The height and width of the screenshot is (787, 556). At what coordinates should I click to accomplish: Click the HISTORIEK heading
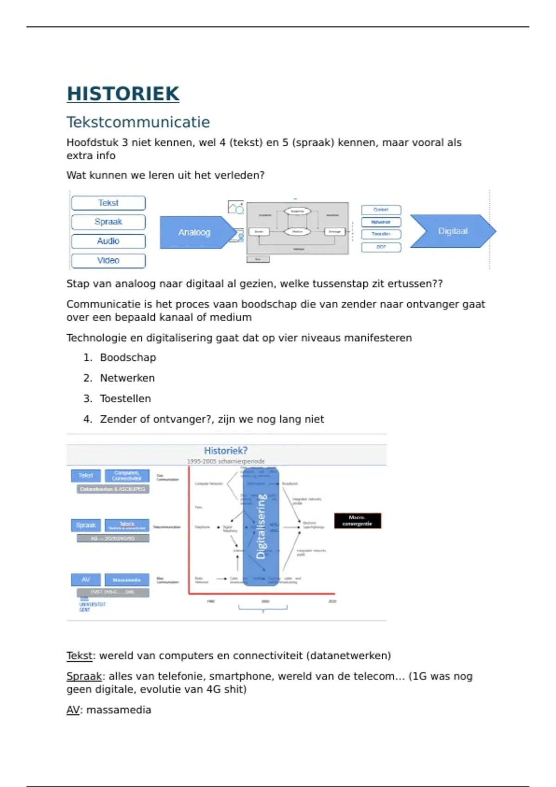click(123, 94)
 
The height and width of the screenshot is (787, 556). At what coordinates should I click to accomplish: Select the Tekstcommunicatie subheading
click(138, 122)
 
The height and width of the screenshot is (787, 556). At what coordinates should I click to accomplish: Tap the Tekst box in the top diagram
click(108, 203)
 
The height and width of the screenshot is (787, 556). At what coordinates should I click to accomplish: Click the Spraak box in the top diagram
click(108, 222)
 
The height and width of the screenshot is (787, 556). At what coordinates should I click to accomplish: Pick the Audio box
click(108, 241)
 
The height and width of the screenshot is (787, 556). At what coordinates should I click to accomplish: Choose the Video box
click(108, 261)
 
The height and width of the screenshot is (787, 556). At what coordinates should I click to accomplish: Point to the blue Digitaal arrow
click(452, 231)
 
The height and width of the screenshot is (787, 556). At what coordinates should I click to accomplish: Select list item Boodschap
click(128, 357)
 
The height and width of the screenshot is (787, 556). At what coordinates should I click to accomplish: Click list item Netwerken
click(127, 378)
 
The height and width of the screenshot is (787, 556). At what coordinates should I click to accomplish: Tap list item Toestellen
click(125, 399)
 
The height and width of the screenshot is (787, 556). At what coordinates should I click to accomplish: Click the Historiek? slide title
click(226, 450)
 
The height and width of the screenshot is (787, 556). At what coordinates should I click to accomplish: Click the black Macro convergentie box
click(357, 520)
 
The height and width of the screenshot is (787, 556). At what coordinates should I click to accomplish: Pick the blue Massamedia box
click(126, 580)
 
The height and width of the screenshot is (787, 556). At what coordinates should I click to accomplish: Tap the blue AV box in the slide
click(86, 580)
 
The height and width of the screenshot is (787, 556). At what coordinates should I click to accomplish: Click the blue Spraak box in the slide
click(86, 525)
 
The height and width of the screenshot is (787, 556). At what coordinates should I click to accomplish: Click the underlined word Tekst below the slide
click(79, 656)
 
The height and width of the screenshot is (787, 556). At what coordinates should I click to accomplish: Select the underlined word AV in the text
click(73, 710)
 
